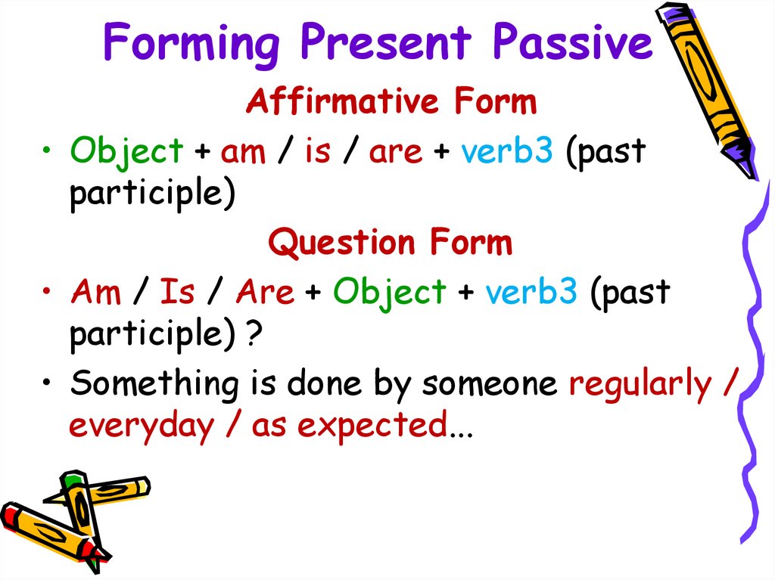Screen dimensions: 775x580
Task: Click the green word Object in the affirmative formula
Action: [126, 150]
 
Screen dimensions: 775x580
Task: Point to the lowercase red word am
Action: [243, 153]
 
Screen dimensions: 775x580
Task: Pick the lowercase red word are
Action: [395, 153]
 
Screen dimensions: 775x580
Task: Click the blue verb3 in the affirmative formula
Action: [507, 150]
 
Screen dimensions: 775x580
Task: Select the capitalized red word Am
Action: [96, 291]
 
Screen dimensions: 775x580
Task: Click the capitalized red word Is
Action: [177, 291]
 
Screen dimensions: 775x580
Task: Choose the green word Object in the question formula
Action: [390, 291]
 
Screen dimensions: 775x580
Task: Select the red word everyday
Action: [142, 426]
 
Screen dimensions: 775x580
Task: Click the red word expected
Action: [372, 426]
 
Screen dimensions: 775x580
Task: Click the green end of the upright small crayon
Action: [71, 479]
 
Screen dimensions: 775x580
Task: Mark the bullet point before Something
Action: [46, 383]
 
